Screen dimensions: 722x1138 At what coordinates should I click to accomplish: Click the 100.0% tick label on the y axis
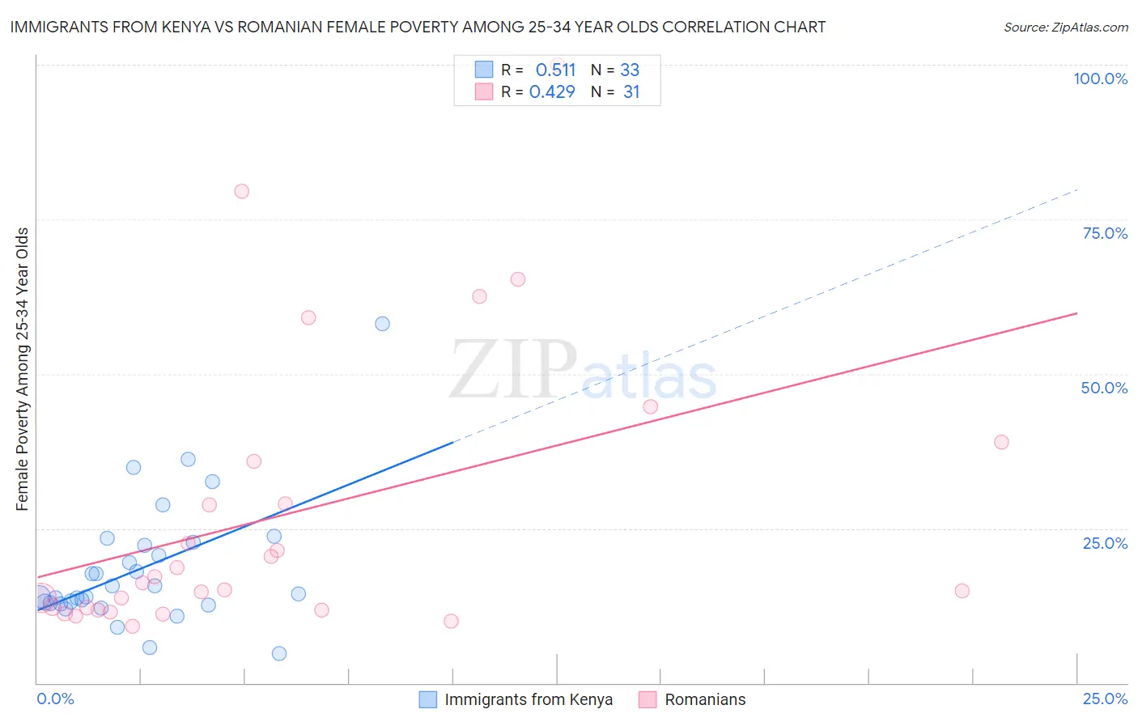click(1100, 79)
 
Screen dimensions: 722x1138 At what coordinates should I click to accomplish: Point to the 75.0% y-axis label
click(1105, 233)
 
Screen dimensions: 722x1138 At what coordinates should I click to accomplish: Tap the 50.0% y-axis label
click(1104, 388)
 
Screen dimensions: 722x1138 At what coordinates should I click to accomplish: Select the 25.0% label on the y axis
click(1105, 543)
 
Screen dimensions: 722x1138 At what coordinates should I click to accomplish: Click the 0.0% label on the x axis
click(56, 699)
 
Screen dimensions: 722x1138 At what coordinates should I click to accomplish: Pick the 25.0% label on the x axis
click(1105, 699)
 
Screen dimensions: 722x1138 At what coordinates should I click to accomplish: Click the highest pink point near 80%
click(241, 192)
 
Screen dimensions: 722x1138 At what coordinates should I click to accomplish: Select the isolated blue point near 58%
click(382, 324)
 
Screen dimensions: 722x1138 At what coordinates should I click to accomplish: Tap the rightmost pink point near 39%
click(1001, 442)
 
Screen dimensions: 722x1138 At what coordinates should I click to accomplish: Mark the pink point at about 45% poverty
click(650, 406)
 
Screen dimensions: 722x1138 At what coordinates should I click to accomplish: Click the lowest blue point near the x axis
click(279, 653)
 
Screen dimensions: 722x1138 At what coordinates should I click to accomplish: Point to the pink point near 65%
click(518, 279)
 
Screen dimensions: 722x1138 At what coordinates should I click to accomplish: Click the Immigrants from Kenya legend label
click(529, 699)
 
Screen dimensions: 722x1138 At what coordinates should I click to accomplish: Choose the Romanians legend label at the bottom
click(705, 699)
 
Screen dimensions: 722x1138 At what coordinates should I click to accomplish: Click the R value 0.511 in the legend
click(555, 70)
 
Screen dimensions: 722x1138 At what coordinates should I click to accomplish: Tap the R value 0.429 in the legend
click(552, 92)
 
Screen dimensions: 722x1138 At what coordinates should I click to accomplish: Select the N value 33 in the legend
click(630, 70)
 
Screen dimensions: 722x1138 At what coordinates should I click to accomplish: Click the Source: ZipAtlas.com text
click(1065, 28)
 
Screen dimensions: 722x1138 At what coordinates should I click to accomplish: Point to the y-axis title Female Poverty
click(22, 369)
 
